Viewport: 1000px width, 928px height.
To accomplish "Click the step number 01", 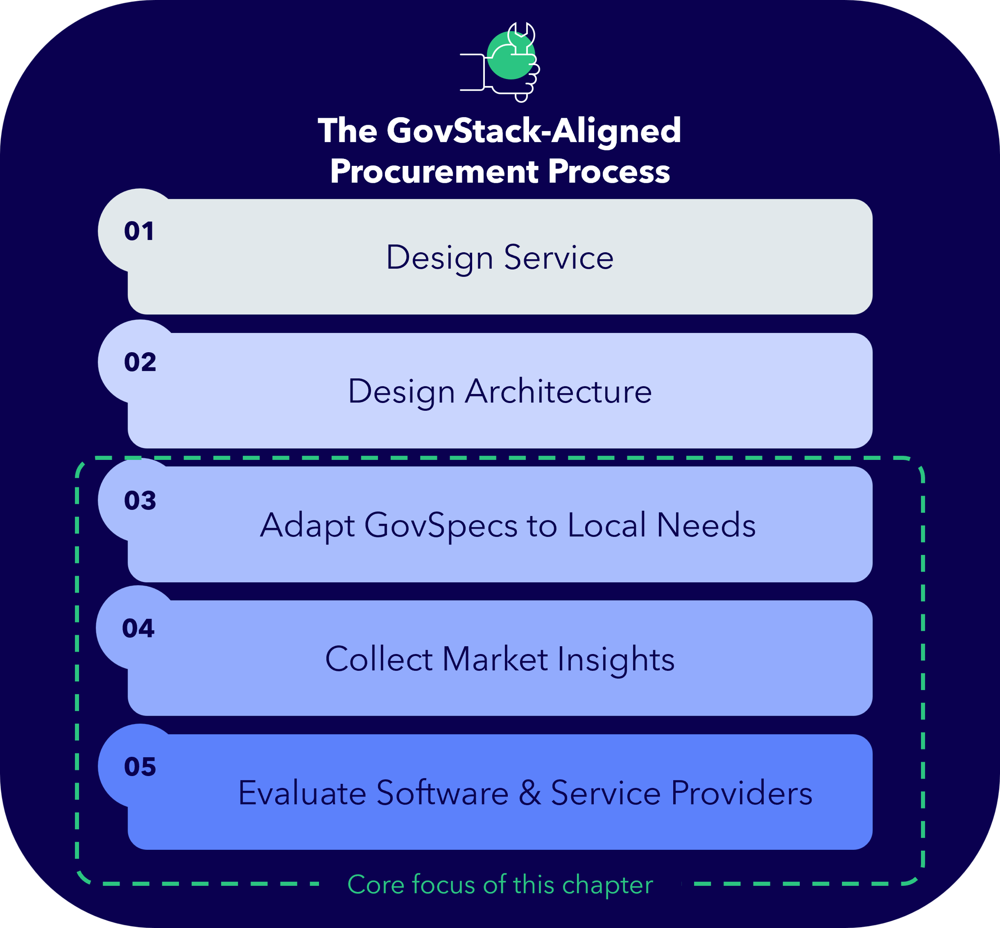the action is point(138,231).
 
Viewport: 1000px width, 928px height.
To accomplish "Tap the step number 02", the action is point(140,362).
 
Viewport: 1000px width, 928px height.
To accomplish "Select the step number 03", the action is point(140,501).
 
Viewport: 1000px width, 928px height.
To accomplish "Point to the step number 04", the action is point(138,628).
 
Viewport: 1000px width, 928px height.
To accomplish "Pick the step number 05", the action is point(140,767).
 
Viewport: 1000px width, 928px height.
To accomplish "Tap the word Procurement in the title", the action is point(434,171).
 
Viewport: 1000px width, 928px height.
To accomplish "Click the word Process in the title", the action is point(609,171).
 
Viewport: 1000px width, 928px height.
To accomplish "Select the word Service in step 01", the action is point(558,257).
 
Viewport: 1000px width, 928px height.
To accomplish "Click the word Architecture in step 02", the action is point(558,391).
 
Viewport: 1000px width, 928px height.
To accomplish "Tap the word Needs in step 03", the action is point(706,525).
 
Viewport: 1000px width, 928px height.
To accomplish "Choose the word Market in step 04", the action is point(495,659).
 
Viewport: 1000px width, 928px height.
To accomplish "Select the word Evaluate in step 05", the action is point(302,793).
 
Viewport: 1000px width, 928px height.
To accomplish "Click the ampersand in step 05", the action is point(530,793).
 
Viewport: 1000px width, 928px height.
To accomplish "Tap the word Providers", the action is point(741,793).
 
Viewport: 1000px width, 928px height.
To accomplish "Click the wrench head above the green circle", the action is point(521,34).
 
